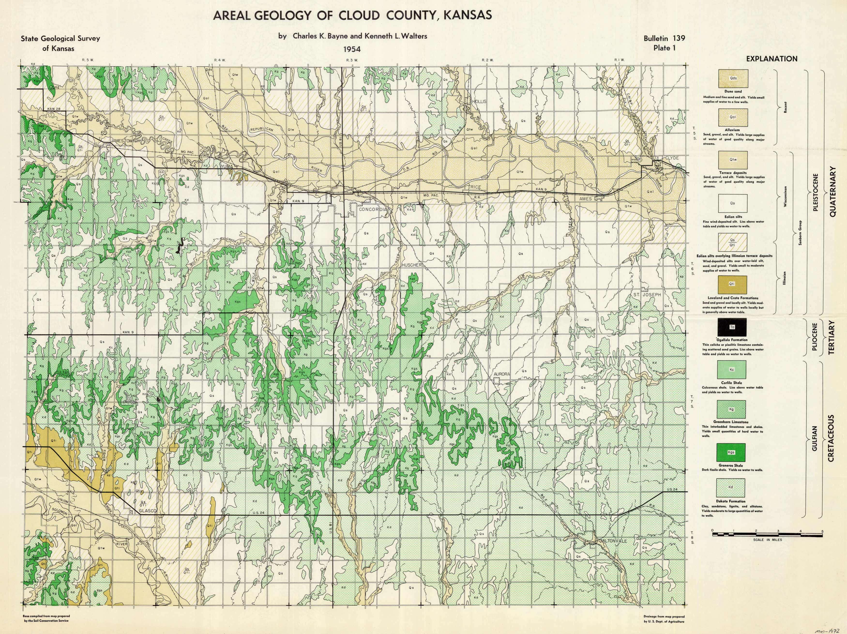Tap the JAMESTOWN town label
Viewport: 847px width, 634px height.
121,141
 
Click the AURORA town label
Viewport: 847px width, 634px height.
502,374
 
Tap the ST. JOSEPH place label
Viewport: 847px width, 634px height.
647,294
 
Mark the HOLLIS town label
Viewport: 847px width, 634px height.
479,101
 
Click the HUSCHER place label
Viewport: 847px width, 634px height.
412,265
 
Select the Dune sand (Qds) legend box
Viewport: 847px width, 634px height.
733,78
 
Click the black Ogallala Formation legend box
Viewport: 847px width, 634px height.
732,327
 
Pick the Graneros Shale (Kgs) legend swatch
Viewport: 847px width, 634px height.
731,452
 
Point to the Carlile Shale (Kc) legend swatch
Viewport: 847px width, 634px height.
732,370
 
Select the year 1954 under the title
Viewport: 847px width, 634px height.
352,49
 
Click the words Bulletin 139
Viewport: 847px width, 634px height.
664,38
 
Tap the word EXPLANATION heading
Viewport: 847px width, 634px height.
771,59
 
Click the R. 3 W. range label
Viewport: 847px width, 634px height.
352,60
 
